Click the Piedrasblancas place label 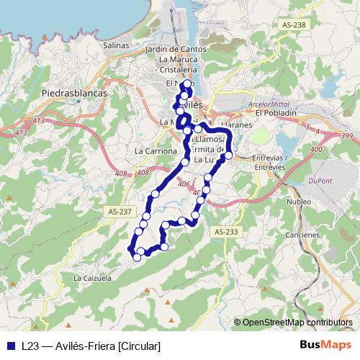point(74,93)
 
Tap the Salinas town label point(116,45)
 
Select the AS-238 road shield point(295,24)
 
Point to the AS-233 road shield point(225,231)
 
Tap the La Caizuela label point(92,276)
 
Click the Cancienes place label point(302,235)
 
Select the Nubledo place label point(298,202)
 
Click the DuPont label point(323,181)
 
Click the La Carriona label point(156,151)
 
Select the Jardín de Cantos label point(176,49)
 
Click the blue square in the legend point(10,346)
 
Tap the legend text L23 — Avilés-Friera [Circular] point(91,346)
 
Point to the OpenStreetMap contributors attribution point(297,323)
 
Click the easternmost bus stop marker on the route point(228,155)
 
